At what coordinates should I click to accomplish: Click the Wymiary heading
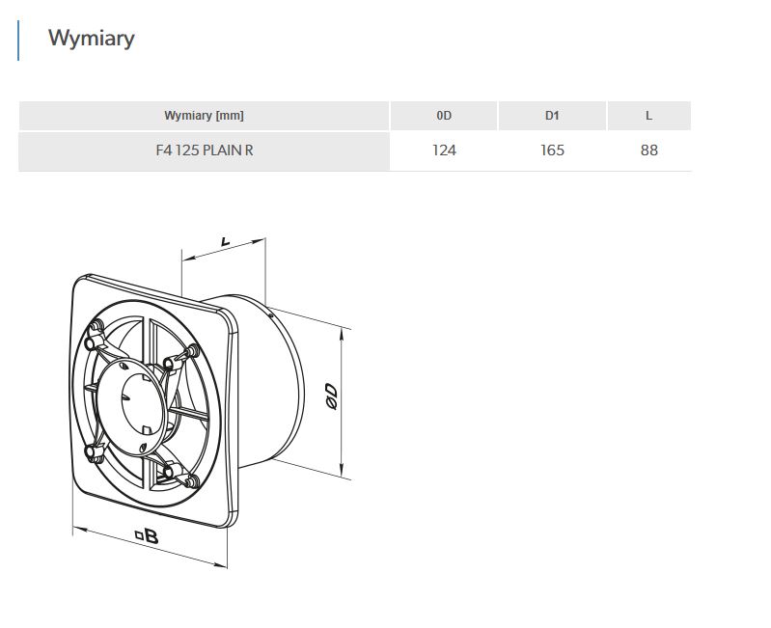click(x=92, y=39)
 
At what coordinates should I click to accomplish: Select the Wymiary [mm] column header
click(x=204, y=116)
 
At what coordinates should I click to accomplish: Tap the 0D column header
click(x=444, y=116)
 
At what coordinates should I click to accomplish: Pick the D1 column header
click(x=552, y=116)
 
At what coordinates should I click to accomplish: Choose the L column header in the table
click(x=649, y=116)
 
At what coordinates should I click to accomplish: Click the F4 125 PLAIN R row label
click(x=204, y=150)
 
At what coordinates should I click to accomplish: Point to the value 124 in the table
click(x=444, y=150)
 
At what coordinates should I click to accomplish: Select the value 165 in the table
click(x=552, y=150)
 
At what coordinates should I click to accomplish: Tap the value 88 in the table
click(x=649, y=150)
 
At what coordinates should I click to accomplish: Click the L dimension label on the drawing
click(x=225, y=242)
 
